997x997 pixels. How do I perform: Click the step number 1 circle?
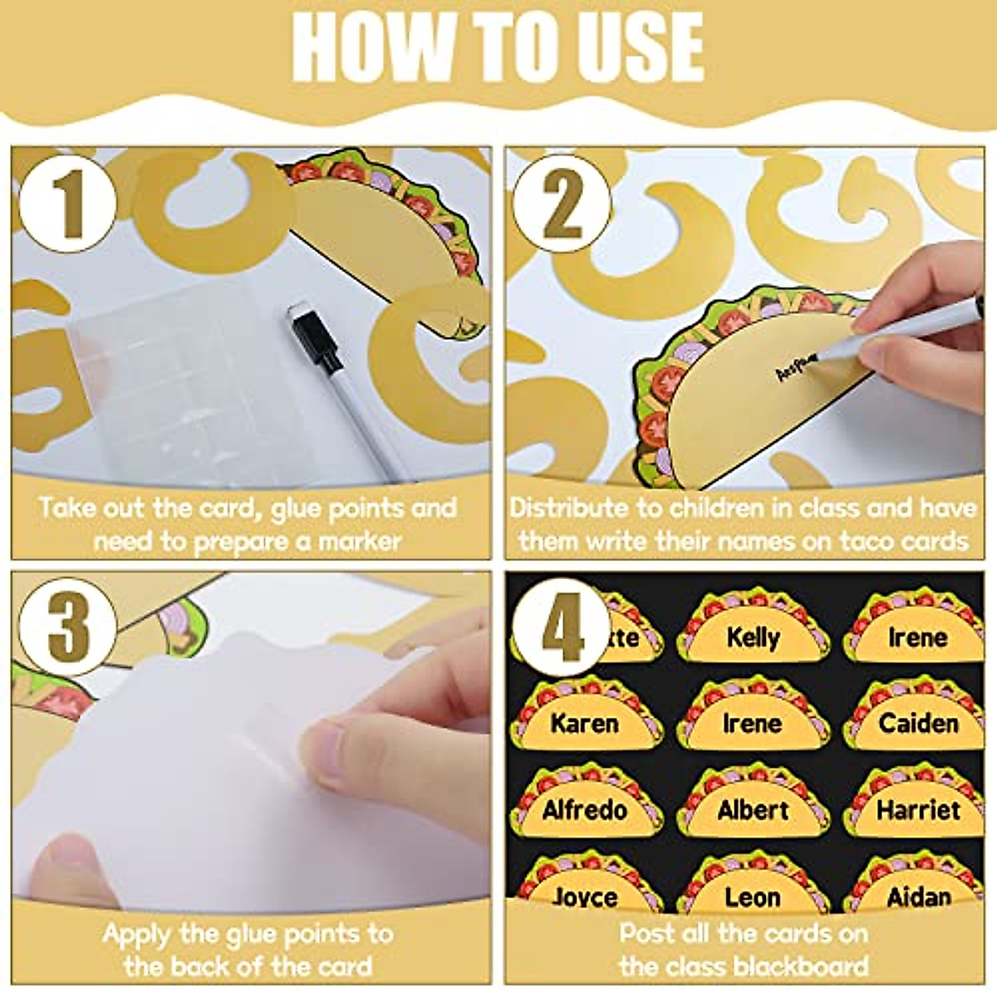(x=67, y=204)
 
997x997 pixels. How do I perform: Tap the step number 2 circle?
(x=562, y=204)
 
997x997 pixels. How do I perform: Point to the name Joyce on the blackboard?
(x=585, y=897)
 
